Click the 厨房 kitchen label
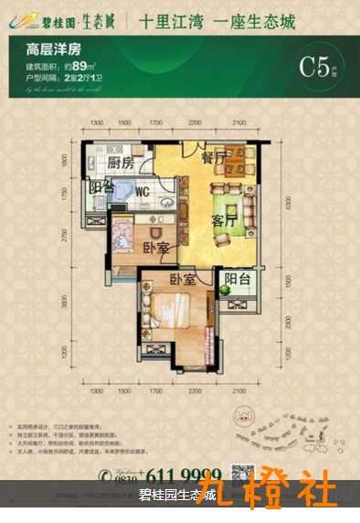[x=121, y=163]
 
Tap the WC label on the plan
[x=143, y=192]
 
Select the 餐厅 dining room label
[x=214, y=158]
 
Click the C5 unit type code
[x=313, y=67]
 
